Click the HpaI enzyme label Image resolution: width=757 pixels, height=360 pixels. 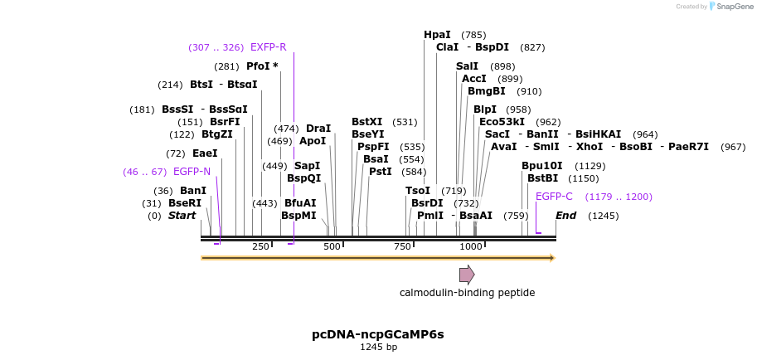pos(437,35)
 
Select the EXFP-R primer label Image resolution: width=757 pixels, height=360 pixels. pos(268,47)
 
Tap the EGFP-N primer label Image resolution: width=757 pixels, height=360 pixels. pos(192,172)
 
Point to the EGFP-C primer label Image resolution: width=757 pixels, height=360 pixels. pos(554,197)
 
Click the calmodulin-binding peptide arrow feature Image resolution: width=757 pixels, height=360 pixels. pos(467,275)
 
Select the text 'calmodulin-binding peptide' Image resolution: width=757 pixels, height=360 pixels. pos(467,293)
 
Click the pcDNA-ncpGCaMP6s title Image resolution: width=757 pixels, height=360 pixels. pos(378,334)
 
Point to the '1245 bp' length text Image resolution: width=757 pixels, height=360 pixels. pos(378,347)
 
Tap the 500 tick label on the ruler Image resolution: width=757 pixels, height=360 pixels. pos(332,246)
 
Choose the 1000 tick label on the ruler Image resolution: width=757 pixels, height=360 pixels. pos(471,246)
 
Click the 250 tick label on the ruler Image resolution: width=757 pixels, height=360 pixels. pos(260,246)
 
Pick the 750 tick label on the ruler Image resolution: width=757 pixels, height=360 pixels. pos(402,246)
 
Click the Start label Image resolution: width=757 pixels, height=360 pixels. pos(182,216)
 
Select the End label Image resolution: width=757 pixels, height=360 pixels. pos(565,216)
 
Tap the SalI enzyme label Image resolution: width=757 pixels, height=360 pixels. pos(467,66)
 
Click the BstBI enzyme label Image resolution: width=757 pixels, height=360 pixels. pos(542,178)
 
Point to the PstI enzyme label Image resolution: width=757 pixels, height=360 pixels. pos(381,172)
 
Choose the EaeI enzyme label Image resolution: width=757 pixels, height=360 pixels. pos(205,153)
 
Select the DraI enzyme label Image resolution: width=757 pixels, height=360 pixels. pos(318,129)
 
